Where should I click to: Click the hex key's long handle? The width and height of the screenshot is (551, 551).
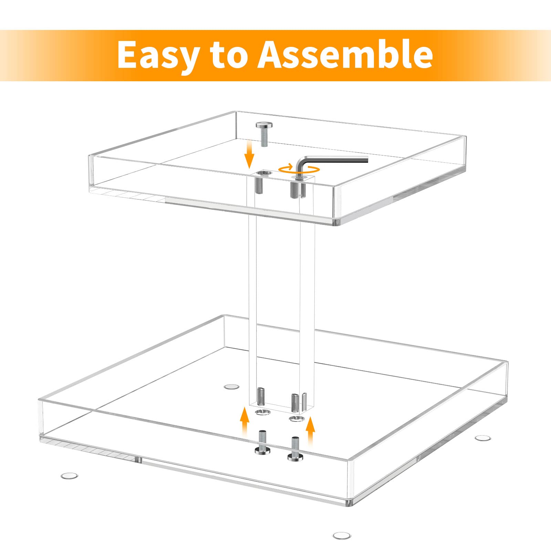(x=337, y=159)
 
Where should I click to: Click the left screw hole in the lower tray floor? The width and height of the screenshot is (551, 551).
(x=263, y=413)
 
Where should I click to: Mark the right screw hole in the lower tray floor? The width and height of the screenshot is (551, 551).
(x=297, y=419)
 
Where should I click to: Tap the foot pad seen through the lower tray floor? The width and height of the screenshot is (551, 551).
(x=231, y=386)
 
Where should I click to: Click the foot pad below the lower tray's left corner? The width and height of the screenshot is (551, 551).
(x=69, y=476)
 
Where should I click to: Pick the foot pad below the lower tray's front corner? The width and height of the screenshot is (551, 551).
(x=342, y=536)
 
